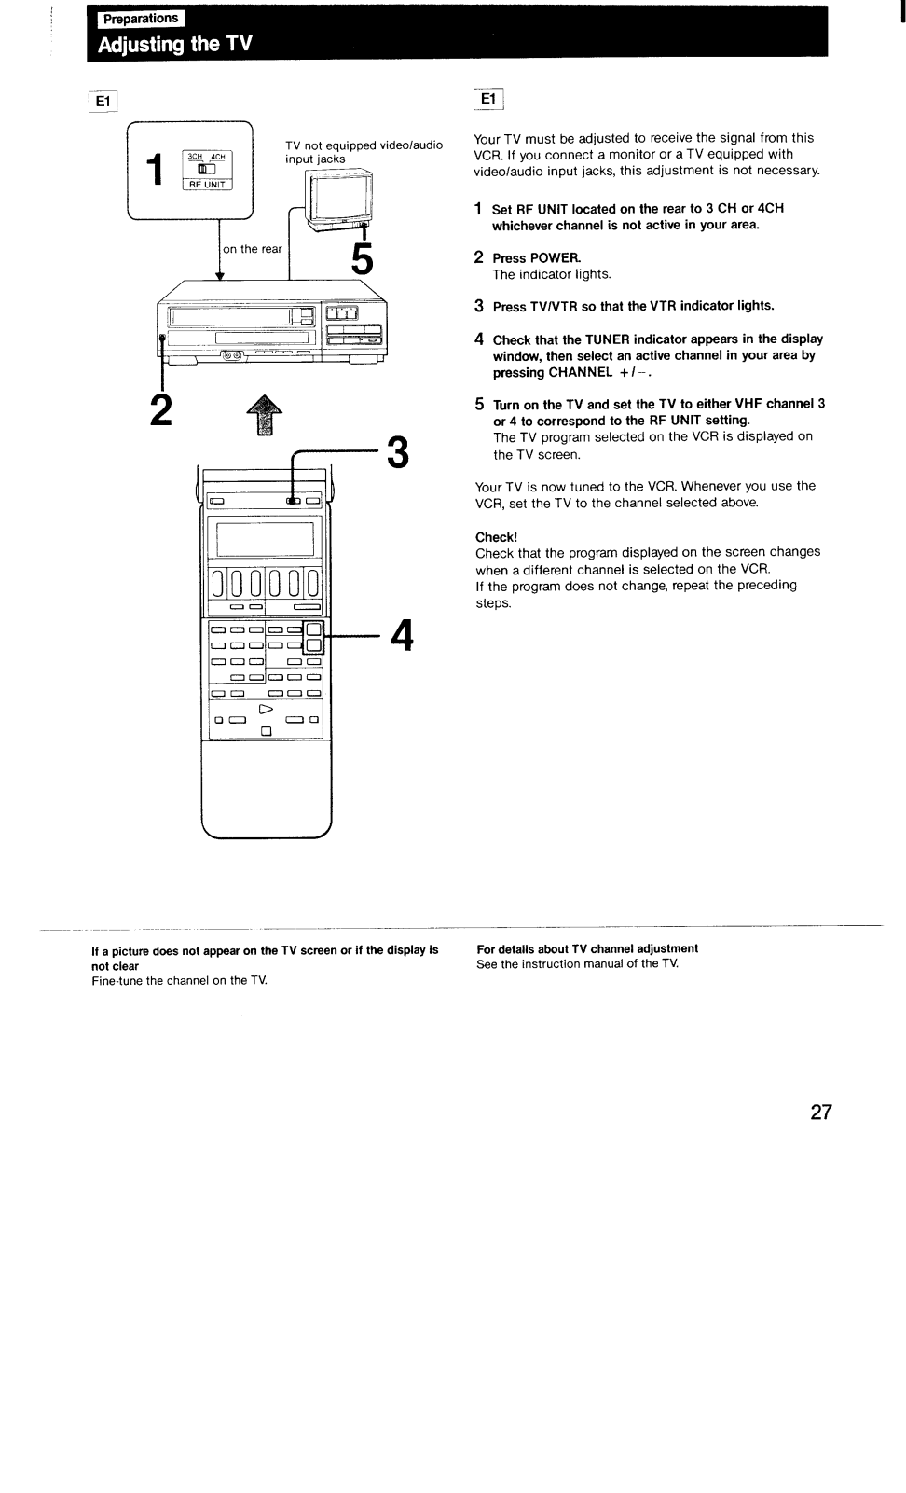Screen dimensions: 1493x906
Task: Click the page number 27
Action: (x=820, y=1112)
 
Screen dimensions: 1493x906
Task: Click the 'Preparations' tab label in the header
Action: (x=139, y=18)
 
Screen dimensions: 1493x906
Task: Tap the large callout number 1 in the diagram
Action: (x=158, y=171)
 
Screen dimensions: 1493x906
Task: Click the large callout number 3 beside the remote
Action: (x=397, y=453)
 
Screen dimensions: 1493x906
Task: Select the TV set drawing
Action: (x=340, y=200)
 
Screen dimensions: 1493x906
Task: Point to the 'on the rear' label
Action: (x=253, y=249)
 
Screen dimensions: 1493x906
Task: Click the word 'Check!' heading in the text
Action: (x=496, y=537)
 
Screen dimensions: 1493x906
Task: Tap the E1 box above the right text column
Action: (x=488, y=99)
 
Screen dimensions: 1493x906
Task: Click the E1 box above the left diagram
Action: (x=103, y=99)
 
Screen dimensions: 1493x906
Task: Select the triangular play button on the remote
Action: (x=267, y=707)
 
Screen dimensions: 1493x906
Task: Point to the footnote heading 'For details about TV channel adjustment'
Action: (x=587, y=948)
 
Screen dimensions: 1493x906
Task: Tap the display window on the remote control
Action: (x=265, y=539)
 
